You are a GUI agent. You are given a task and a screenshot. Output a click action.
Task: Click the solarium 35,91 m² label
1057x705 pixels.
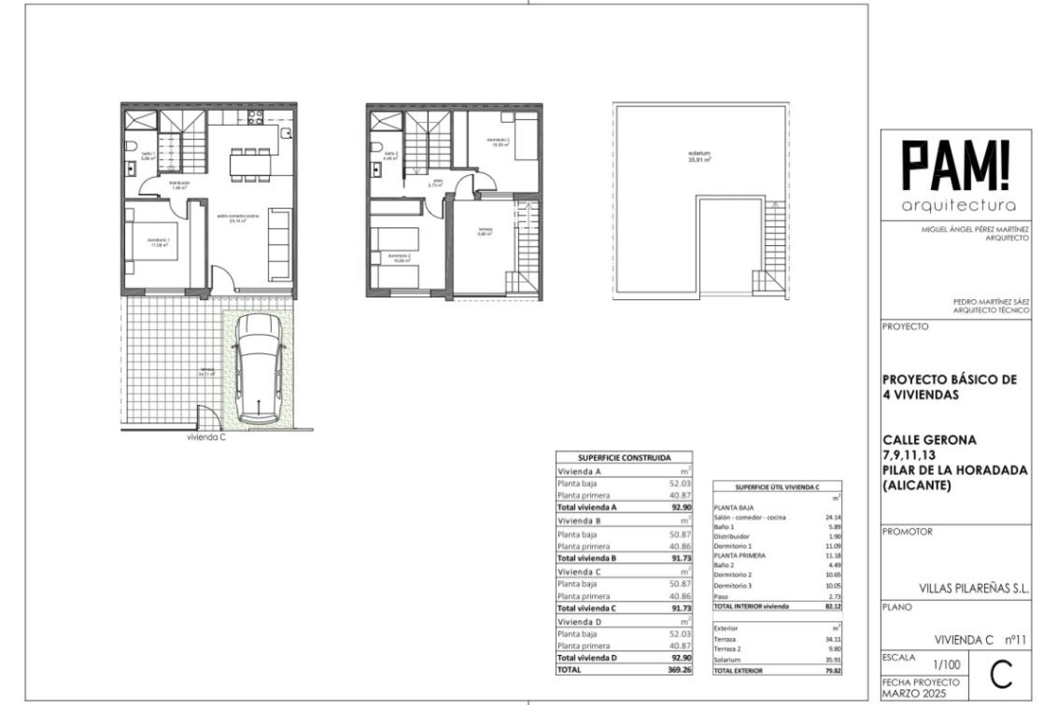coord(699,156)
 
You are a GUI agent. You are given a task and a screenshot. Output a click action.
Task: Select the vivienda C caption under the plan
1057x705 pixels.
coord(206,437)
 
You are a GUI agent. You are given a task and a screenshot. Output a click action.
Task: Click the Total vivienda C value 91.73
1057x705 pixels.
coord(681,608)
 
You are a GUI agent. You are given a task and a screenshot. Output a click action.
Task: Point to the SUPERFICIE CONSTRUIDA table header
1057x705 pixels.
coord(624,458)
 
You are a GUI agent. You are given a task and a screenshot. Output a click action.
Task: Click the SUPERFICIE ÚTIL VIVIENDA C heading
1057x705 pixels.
coord(777,487)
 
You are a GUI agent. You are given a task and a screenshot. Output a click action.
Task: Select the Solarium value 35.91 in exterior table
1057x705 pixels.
coord(833,659)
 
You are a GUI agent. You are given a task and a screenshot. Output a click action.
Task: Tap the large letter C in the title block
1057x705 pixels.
coord(1000,675)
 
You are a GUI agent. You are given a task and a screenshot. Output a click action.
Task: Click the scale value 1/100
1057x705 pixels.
coord(946,665)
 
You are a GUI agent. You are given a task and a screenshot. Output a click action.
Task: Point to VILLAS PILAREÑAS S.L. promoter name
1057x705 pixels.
coord(973,588)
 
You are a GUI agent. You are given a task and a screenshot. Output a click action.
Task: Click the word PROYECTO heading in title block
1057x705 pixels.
coord(905,327)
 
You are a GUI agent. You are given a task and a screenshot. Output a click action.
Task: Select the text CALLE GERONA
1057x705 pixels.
coord(929,440)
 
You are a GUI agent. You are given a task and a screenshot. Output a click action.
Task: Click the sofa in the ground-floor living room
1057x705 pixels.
coord(280,245)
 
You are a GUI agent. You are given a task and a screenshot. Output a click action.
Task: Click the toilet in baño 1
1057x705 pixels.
coord(131,146)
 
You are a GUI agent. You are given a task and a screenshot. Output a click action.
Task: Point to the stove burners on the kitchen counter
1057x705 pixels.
coord(255,117)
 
